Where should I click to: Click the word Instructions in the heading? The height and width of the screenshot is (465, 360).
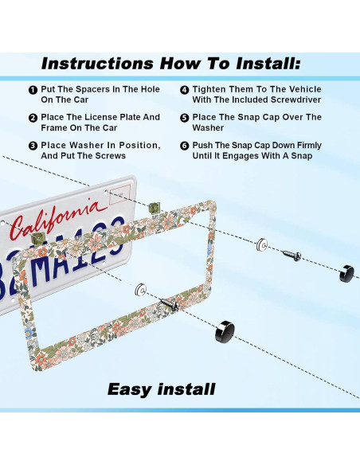pyautogui.click(x=97, y=64)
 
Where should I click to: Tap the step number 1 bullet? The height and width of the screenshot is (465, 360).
pyautogui.click(x=33, y=90)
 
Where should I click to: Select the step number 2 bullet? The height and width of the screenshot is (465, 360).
pyautogui.click(x=33, y=118)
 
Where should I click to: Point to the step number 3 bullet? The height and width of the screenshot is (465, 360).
pyautogui.click(x=33, y=146)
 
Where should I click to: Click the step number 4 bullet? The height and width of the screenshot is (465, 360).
pyautogui.click(x=185, y=90)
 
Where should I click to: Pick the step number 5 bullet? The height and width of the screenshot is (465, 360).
pyautogui.click(x=185, y=118)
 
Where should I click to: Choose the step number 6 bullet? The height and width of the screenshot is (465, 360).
pyautogui.click(x=185, y=146)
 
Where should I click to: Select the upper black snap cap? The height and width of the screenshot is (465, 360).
pyautogui.click(x=346, y=273)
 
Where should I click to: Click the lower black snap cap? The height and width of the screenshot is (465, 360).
pyautogui.click(x=225, y=331)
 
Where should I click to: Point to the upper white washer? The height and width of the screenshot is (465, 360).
pyautogui.click(x=262, y=245)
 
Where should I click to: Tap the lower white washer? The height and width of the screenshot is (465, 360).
pyautogui.click(x=140, y=290)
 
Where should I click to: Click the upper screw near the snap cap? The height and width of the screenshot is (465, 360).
pyautogui.click(x=292, y=255)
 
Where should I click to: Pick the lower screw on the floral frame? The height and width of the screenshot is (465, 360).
pyautogui.click(x=170, y=305)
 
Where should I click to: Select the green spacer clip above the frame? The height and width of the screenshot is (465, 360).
pyautogui.click(x=155, y=208)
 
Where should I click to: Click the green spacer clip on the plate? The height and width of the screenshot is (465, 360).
pyautogui.click(x=38, y=238)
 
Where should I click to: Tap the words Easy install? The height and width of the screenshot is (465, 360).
pyautogui.click(x=162, y=389)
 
